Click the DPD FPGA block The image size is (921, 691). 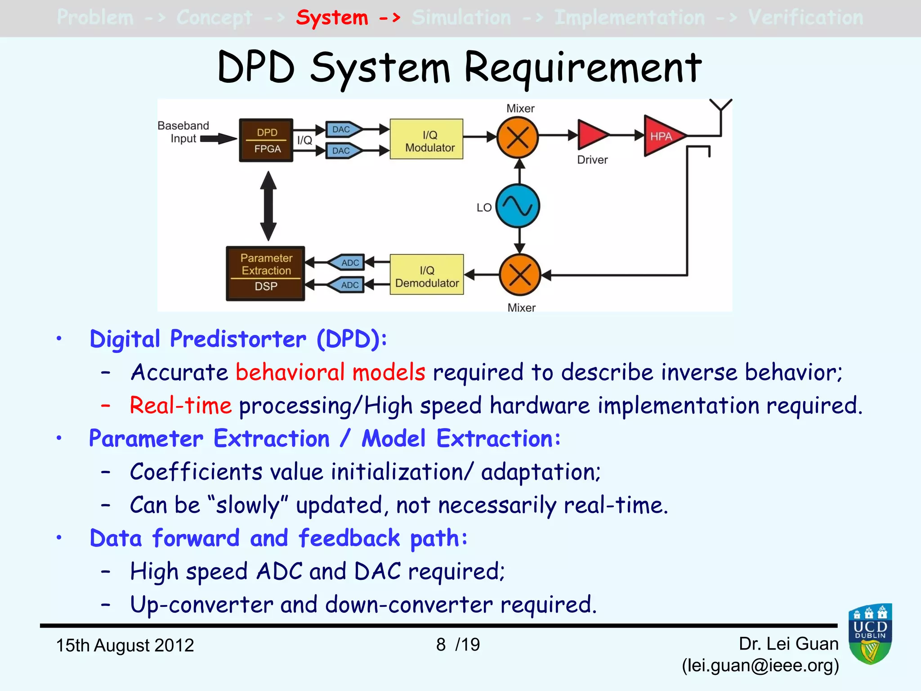pyautogui.click(x=266, y=140)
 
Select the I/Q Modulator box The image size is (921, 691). pyautogui.click(x=426, y=139)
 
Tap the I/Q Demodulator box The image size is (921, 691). pyautogui.click(x=426, y=275)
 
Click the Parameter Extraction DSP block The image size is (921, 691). pyautogui.click(x=265, y=273)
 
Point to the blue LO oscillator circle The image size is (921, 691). pyautogui.click(x=518, y=206)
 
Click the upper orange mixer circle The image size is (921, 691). pyautogui.click(x=518, y=137)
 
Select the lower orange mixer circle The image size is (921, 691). pyautogui.click(x=520, y=275)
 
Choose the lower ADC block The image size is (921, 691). pyautogui.click(x=347, y=285)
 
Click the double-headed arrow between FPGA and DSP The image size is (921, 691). pyautogui.click(x=268, y=206)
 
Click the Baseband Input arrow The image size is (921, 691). pyautogui.click(x=218, y=139)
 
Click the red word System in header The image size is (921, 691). pyautogui.click(x=332, y=18)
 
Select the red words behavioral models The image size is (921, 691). pyautogui.click(x=330, y=372)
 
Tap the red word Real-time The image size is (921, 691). pyautogui.click(x=180, y=405)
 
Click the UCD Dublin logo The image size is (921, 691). pyautogui.click(x=870, y=634)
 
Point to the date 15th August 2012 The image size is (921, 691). pyautogui.click(x=125, y=645)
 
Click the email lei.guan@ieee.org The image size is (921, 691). pyautogui.click(x=760, y=665)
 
